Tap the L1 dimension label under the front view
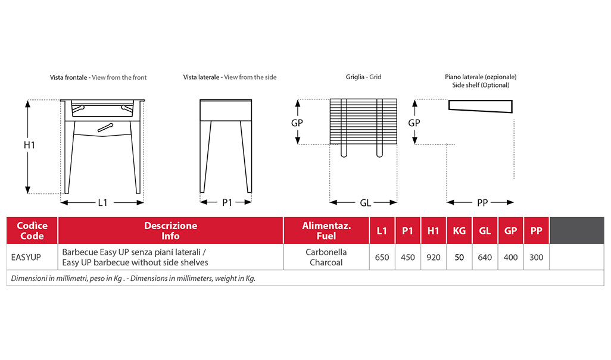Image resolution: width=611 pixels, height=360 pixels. pos(102,203)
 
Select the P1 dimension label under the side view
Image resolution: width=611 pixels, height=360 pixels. pos(227,203)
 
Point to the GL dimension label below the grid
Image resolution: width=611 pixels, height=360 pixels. pos(366,203)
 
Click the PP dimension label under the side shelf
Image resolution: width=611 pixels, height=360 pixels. pos(482,203)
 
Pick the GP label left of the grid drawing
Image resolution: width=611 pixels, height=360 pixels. pos(297,123)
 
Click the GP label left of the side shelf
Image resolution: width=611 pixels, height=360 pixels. pos(414,123)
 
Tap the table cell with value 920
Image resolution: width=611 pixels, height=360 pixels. pos(434,257)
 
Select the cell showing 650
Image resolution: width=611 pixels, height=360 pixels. pos(382,257)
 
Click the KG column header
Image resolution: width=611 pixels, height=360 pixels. pos(459,231)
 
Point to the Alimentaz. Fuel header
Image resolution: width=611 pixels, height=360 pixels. pos(326,231)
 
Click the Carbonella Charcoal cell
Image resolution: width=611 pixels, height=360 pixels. pos(326,257)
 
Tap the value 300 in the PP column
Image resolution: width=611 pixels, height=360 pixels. pos(537,257)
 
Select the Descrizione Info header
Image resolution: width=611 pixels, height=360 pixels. pos(170,231)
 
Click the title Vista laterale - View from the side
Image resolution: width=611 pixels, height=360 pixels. pos(230,77)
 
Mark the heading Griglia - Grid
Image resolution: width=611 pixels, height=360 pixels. pos(363,77)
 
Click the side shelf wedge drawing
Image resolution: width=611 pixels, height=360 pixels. pos(480,107)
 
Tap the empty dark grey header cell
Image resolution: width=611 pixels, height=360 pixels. pos(576,231)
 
